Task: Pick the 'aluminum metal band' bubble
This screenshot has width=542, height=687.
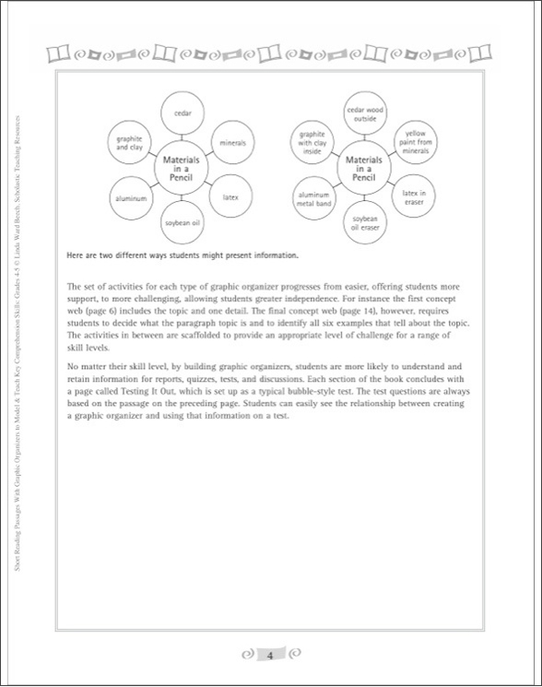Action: pyautogui.click(x=312, y=197)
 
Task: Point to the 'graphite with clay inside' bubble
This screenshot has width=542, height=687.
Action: pyautogui.click(x=312, y=143)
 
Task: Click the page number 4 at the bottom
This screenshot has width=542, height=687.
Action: pyautogui.click(x=270, y=656)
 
